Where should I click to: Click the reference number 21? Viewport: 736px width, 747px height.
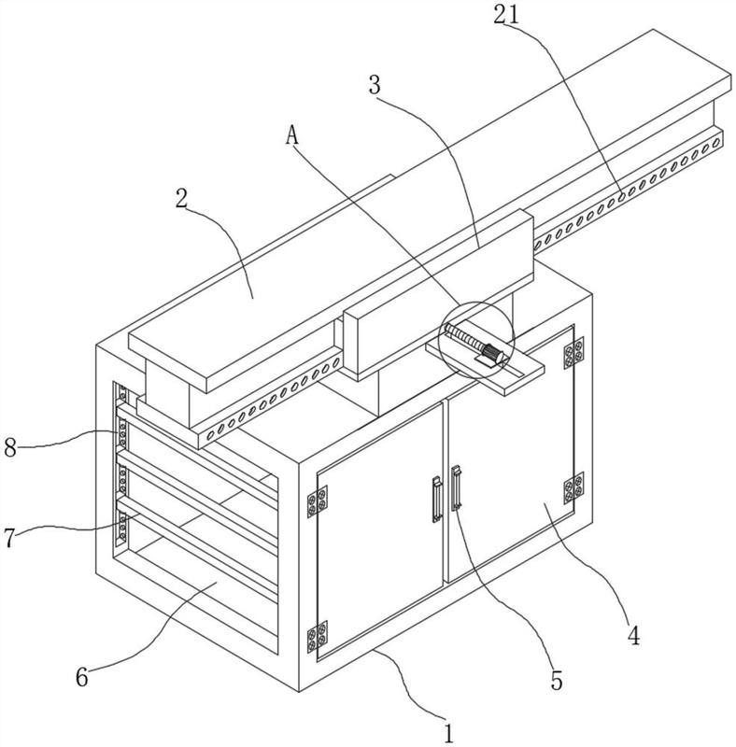coord(505,15)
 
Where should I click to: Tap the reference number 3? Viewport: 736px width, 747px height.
coord(375,85)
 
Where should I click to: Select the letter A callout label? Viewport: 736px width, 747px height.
coord(291,134)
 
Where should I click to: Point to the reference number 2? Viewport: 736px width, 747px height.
coord(181,199)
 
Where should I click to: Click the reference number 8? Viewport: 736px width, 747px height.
coord(10,448)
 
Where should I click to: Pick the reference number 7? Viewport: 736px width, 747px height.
coord(9,538)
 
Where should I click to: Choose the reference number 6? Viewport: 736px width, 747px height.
coord(82,676)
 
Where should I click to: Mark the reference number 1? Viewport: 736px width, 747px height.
coord(448,733)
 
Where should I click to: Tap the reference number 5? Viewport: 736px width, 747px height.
coord(557,681)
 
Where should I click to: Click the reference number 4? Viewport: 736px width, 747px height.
coord(633,635)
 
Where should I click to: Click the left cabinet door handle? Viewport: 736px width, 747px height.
coord(436,500)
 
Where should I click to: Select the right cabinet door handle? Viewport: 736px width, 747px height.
coord(456,487)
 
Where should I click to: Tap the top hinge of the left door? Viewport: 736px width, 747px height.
coord(317,501)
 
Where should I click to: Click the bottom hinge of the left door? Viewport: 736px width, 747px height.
coord(317,637)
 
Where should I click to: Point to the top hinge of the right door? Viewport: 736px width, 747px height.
coord(573,353)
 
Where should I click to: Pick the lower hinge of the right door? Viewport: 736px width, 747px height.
coord(573,487)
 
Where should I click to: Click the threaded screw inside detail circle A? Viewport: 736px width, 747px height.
coord(464,337)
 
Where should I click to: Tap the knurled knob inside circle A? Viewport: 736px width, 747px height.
coord(493,355)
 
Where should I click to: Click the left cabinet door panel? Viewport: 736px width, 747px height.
coord(380,531)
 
